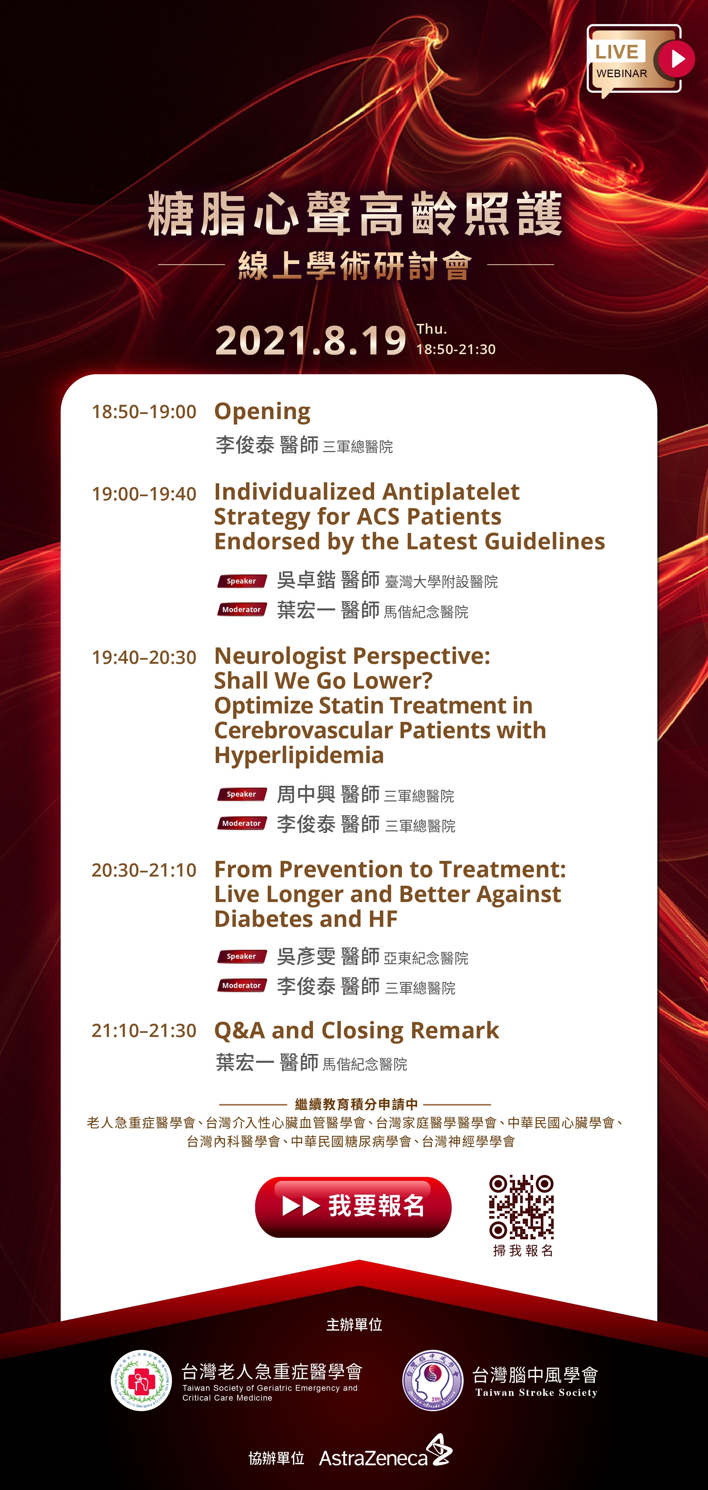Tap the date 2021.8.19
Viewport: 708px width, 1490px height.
[x=311, y=340]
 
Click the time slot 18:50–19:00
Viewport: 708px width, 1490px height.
[x=144, y=412]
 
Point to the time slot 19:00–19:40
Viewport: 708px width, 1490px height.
[x=144, y=494]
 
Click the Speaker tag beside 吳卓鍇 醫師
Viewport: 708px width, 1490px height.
[x=242, y=581]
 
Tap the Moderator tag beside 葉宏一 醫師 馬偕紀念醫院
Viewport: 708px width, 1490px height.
[x=242, y=610]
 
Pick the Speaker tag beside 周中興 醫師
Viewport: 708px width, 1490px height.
[x=242, y=794]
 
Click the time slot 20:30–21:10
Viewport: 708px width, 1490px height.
[x=144, y=870]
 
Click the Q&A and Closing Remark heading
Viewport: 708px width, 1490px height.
[x=357, y=1031]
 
